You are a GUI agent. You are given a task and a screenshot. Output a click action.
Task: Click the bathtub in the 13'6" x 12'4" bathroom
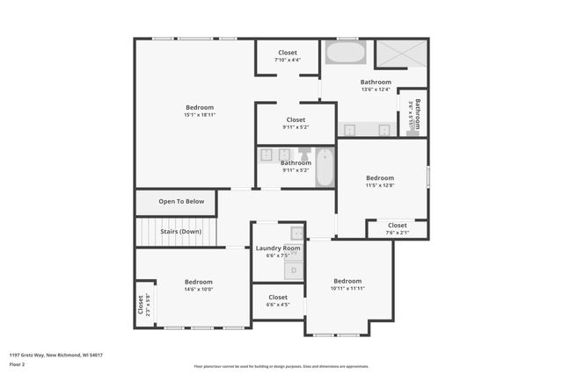pos(346,53)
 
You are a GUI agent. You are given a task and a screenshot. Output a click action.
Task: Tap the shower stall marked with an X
pos(400,54)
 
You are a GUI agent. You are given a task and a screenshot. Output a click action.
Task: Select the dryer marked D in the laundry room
pos(296,270)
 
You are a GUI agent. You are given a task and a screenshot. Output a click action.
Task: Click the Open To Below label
pos(181,202)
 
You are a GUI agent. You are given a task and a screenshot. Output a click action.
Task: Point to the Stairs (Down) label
pos(179,232)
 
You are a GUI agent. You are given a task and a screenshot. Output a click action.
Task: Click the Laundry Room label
pos(278,248)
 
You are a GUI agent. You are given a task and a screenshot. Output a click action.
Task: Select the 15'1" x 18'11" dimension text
pos(199,115)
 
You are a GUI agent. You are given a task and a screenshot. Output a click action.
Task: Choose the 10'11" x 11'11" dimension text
pos(347,288)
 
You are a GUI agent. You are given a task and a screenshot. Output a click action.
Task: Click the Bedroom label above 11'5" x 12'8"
pos(380,177)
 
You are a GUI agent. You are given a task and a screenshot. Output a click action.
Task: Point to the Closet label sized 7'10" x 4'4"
pos(288,53)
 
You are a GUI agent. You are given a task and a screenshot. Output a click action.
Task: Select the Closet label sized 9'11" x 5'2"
pos(296,119)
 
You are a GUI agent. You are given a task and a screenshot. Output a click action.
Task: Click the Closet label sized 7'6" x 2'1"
pos(398,225)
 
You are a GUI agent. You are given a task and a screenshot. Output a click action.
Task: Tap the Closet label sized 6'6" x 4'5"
pos(278,298)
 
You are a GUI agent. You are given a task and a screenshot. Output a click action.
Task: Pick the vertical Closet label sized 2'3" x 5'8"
pos(140,305)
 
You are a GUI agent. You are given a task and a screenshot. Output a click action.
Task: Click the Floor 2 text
pos(18,363)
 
